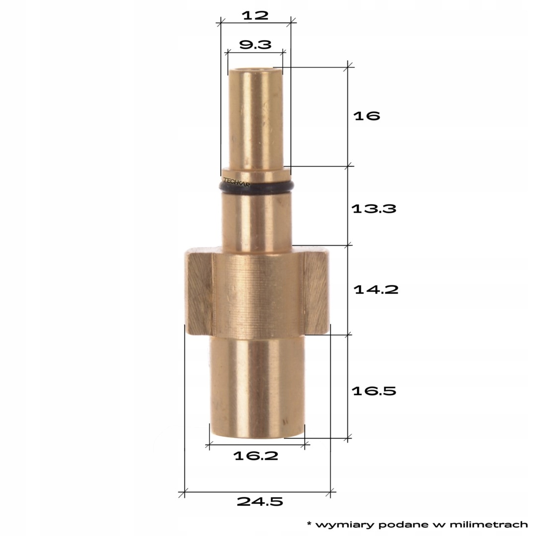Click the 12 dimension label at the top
coord(255,15)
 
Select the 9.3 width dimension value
coord(255,45)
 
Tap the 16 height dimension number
coord(366,116)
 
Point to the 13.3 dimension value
coord(374,208)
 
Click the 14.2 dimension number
coord(376,289)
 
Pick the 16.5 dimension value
coord(374,391)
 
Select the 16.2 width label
coord(256,456)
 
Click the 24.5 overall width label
coord(260,502)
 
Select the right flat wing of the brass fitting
coord(316,293)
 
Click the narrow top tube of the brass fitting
coord(255,119)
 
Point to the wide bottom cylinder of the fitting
coord(257,387)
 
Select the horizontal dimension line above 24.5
coord(257,492)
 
